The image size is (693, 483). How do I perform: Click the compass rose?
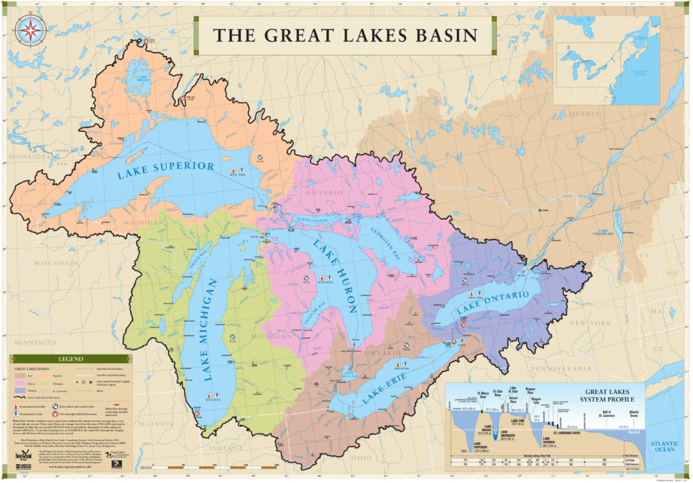pos(30,29)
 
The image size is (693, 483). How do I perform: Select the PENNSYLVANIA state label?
pos(545,369)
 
